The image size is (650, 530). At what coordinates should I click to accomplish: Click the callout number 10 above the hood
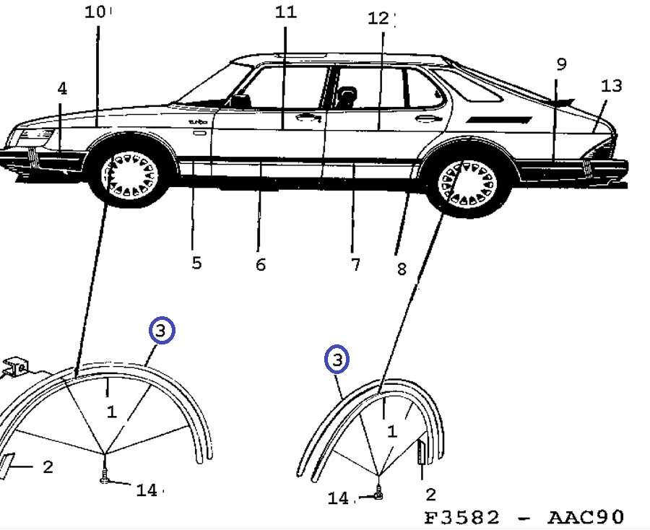[x=95, y=12]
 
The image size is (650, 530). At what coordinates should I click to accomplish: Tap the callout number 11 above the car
[x=285, y=12]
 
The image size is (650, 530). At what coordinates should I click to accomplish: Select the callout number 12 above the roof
[x=378, y=18]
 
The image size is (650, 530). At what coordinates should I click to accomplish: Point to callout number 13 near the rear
[x=611, y=86]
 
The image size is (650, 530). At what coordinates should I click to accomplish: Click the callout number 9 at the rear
[x=561, y=64]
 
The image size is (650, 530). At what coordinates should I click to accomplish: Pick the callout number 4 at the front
[x=62, y=88]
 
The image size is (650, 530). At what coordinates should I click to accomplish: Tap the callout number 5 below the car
[x=196, y=262]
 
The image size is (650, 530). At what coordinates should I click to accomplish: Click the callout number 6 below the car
[x=261, y=265]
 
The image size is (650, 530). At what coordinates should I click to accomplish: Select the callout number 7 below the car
[x=355, y=265]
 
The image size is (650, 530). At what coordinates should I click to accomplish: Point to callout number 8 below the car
[x=402, y=269]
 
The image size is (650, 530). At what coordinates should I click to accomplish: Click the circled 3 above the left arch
[x=162, y=331]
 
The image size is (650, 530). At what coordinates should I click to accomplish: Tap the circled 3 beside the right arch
[x=337, y=359]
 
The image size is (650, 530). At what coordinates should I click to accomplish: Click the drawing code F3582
[x=462, y=517]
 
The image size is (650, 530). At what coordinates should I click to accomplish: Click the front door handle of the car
[x=308, y=118]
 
